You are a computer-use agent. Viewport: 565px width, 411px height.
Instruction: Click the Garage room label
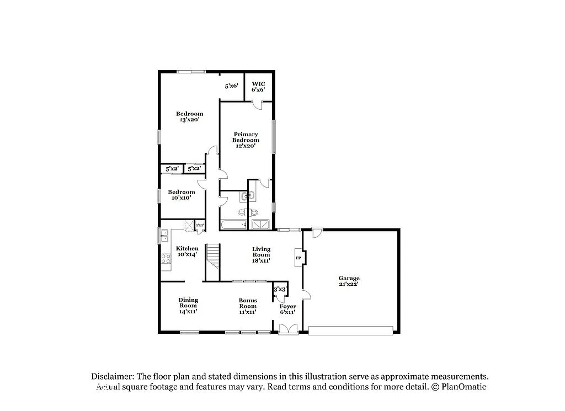(x=349, y=281)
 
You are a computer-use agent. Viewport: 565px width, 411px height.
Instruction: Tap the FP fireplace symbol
(x=299, y=258)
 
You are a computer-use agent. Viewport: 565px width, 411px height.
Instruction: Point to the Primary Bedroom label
(x=246, y=140)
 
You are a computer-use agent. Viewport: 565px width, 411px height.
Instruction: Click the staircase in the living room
(x=213, y=257)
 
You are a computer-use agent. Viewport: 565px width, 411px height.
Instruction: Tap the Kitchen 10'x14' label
(x=187, y=252)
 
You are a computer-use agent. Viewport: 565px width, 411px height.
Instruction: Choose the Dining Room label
(x=188, y=306)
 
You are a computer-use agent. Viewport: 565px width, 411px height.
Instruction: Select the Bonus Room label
(x=248, y=306)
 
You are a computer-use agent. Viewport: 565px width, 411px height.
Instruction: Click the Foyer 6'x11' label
(x=287, y=309)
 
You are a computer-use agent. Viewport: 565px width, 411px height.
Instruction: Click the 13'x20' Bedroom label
(x=189, y=116)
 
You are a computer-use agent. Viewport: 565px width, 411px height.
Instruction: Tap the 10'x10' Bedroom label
(x=181, y=195)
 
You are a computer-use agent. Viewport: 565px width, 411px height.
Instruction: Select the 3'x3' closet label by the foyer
(x=280, y=289)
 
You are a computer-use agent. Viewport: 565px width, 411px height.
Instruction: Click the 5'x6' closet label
(x=231, y=86)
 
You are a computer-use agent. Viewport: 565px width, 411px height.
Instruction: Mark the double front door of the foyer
(x=287, y=329)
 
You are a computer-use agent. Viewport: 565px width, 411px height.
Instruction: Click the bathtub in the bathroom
(x=233, y=225)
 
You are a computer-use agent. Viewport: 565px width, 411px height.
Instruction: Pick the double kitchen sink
(x=164, y=236)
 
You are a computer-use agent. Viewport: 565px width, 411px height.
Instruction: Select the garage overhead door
(x=350, y=330)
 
